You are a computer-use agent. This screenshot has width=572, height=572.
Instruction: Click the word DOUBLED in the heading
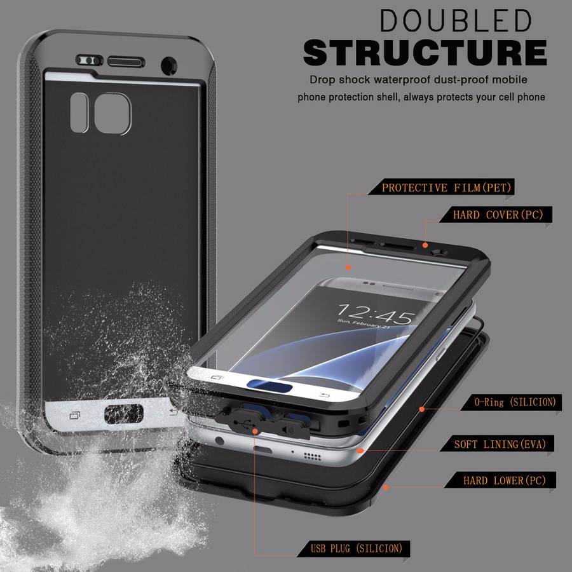[x=455, y=22]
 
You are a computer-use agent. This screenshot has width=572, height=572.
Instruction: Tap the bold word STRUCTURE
[x=425, y=52]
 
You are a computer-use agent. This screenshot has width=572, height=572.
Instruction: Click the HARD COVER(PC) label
[x=498, y=215]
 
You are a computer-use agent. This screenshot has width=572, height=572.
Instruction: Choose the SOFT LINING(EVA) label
[x=500, y=444]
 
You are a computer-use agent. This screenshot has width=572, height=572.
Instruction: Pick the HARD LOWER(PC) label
[x=496, y=480]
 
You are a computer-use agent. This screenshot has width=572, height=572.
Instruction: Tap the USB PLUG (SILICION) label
[x=357, y=548]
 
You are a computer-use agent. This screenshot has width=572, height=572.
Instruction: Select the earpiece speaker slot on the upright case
[x=126, y=61]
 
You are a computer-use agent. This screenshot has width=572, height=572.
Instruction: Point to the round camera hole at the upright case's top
[x=169, y=64]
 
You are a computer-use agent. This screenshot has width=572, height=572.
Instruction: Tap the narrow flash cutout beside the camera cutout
[x=79, y=112]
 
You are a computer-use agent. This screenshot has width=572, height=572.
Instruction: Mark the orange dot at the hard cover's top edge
[x=425, y=245]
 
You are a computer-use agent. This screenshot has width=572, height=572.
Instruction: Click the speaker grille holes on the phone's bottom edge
[x=311, y=456]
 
